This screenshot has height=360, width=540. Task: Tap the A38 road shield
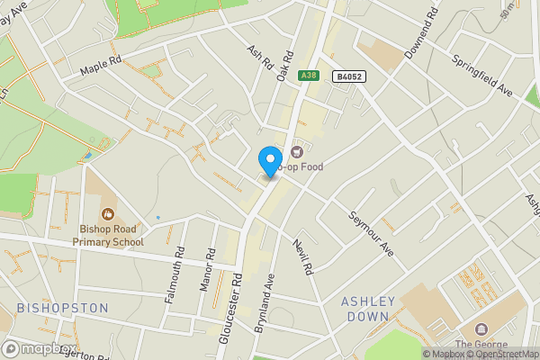pos(310,76)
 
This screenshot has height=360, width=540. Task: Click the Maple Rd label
pos(100,67)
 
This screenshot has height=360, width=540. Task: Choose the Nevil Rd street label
pos(302,256)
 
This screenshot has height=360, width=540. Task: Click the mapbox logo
pos(40,348)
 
